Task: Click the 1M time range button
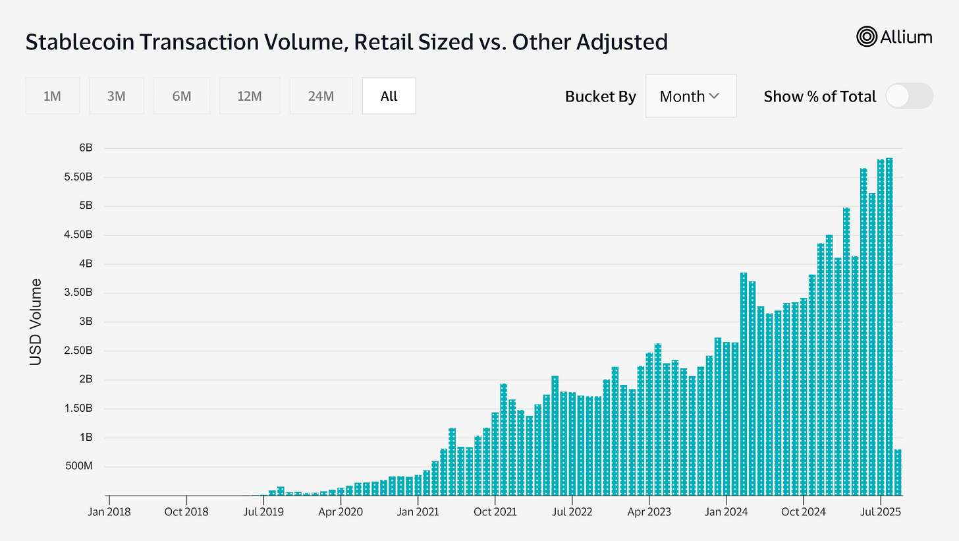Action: pyautogui.click(x=52, y=96)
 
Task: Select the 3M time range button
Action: pyautogui.click(x=116, y=96)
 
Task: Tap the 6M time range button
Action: pyautogui.click(x=181, y=96)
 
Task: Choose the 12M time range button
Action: pyautogui.click(x=250, y=96)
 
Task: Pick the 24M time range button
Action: pyautogui.click(x=321, y=96)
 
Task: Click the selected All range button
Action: pyautogui.click(x=389, y=96)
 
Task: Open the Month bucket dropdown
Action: pyautogui.click(x=690, y=96)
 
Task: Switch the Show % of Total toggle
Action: pyautogui.click(x=909, y=96)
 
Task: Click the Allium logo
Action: pyautogui.click(x=894, y=37)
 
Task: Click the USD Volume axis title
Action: pyautogui.click(x=36, y=322)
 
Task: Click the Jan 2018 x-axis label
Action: pyautogui.click(x=109, y=511)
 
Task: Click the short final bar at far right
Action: pyautogui.click(x=898, y=472)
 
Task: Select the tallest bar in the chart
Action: pyautogui.click(x=889, y=326)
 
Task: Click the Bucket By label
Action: pyautogui.click(x=600, y=96)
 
